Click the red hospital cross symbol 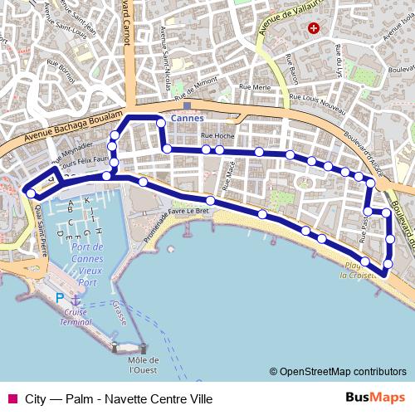[x=313, y=28]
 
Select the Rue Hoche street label [x=217, y=134]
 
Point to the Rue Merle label [x=255, y=86]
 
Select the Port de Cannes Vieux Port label [x=86, y=265]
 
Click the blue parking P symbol [x=60, y=298]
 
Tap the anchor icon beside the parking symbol [x=76, y=299]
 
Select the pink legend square [x=11, y=398]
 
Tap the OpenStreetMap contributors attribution [x=338, y=371]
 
